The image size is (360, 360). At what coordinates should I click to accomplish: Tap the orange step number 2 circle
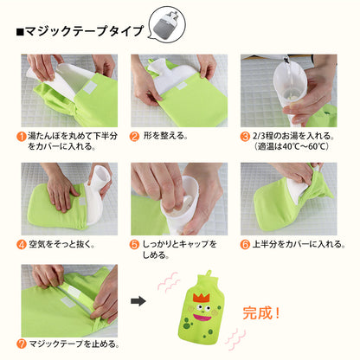[x=135, y=136]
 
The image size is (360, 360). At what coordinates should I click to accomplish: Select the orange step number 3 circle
[x=245, y=136]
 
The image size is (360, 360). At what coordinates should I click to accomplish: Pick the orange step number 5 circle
[x=135, y=243]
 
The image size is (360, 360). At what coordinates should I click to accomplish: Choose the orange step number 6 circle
[x=245, y=243]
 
